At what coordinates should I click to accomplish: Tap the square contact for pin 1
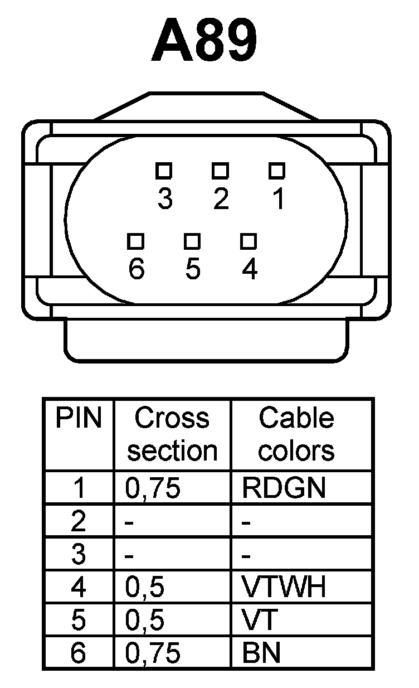click(x=277, y=169)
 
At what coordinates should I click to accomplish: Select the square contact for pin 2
click(x=221, y=169)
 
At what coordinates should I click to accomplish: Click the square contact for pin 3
click(x=164, y=169)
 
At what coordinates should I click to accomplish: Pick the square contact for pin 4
click(x=249, y=241)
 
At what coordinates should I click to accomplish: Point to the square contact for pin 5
click(x=192, y=241)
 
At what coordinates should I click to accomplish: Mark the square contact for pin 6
click(x=136, y=241)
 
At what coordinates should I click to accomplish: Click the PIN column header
click(x=79, y=418)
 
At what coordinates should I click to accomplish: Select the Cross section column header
click(x=172, y=434)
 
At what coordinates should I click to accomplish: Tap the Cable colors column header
click(x=296, y=434)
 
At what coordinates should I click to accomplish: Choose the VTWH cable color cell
click(x=284, y=587)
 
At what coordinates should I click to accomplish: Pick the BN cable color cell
click(x=261, y=653)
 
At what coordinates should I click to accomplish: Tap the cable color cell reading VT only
click(x=257, y=620)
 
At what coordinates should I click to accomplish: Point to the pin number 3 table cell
click(x=79, y=554)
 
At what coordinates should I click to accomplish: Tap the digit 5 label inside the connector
click(x=192, y=269)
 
